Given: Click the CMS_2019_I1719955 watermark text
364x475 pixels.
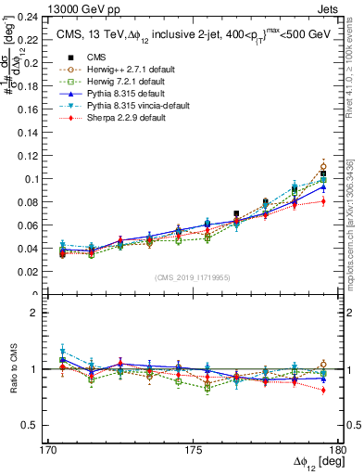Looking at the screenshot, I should pyautogui.click(x=193, y=276).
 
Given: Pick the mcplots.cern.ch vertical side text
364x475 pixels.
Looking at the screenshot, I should pyautogui.click(x=355, y=218).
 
